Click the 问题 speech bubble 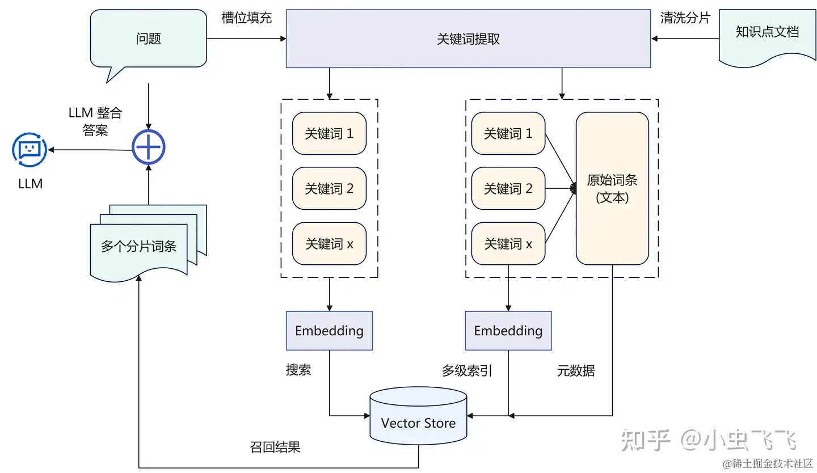point(149,39)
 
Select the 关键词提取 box point(468,39)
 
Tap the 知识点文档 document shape point(767,32)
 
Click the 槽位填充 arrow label point(246,18)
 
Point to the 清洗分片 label point(685,18)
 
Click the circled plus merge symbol point(148,148)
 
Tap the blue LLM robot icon point(30,150)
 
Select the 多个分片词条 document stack point(140,246)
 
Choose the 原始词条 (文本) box point(612,189)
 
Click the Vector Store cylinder point(418,423)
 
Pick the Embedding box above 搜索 point(329,331)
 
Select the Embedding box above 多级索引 point(508,331)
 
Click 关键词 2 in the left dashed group point(329,189)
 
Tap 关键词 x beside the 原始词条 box point(508,244)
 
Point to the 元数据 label point(576,371)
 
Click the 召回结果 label point(275,447)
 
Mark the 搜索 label point(298,370)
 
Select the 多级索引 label point(467,371)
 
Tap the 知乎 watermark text point(646,440)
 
